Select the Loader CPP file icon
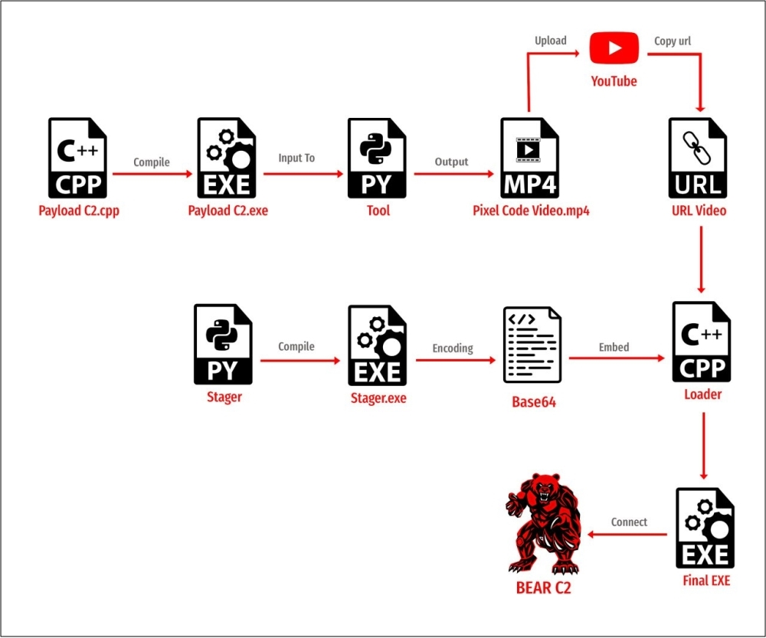[x=702, y=342]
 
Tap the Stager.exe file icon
[x=378, y=345]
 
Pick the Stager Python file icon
[x=224, y=345]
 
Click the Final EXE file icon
[x=705, y=528]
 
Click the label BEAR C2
[x=543, y=588]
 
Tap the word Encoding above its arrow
[x=453, y=348]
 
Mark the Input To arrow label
[x=296, y=158]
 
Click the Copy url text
[x=673, y=41]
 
